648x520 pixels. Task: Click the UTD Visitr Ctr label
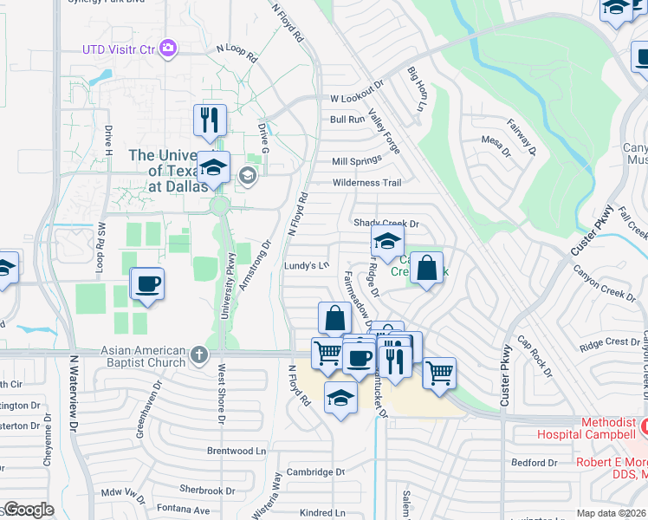(x=120, y=49)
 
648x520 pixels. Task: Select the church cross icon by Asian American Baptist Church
(x=199, y=354)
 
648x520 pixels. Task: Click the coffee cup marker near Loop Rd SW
(x=146, y=283)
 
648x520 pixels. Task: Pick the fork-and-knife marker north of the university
(x=210, y=120)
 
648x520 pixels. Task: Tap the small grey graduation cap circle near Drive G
(x=247, y=177)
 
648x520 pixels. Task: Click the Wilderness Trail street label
(x=367, y=183)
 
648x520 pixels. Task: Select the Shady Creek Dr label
(x=386, y=223)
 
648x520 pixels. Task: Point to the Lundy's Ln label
(x=308, y=265)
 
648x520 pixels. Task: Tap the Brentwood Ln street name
(x=237, y=452)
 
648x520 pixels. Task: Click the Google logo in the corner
(x=28, y=510)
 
